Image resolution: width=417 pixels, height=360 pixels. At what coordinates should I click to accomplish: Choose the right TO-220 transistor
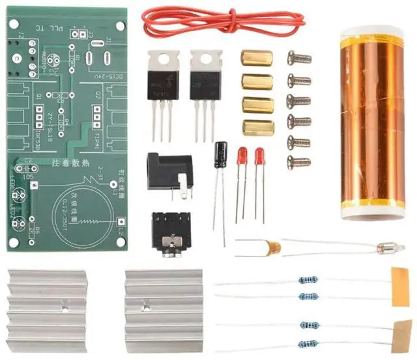[205, 78]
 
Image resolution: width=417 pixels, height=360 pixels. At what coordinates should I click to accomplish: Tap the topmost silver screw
[299, 59]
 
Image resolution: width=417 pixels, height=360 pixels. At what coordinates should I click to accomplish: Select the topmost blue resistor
[308, 281]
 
